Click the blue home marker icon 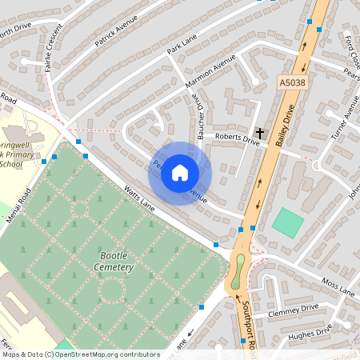[x=180, y=173]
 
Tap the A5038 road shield [x=291, y=82]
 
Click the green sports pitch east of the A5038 [x=287, y=222]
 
